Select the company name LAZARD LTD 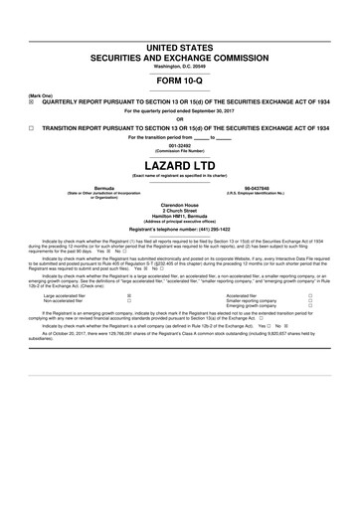[180, 163]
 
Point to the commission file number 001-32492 [180, 145]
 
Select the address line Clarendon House [180, 207]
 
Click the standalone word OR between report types [180, 118]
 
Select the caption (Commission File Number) [180, 150]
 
